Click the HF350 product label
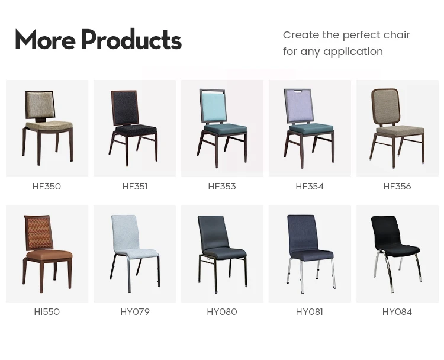(x=47, y=187)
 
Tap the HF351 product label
(x=134, y=187)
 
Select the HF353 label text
(x=222, y=187)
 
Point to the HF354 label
(x=310, y=187)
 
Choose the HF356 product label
(x=397, y=187)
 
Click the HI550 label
(x=47, y=312)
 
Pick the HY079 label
(x=134, y=312)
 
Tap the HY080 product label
(x=222, y=312)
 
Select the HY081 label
(x=310, y=312)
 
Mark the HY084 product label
(x=397, y=312)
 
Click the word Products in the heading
(x=131, y=40)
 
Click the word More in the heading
(x=45, y=40)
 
